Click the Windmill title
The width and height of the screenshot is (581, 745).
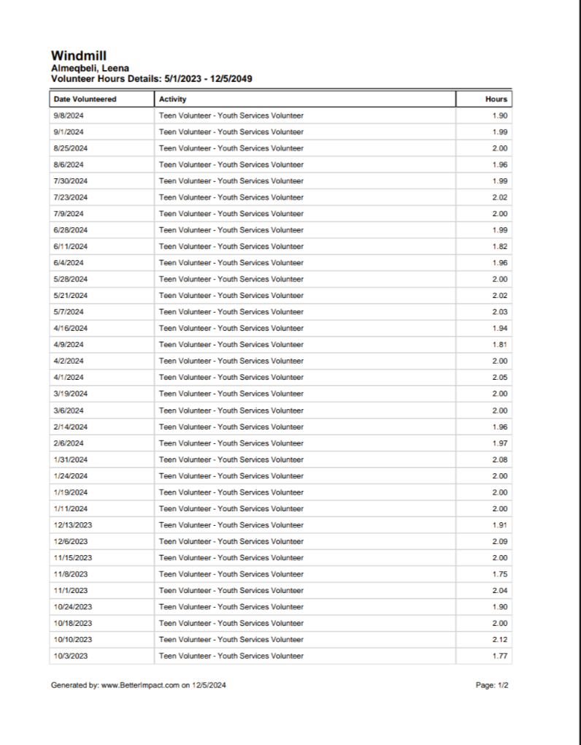tap(79, 56)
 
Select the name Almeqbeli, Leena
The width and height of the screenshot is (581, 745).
tap(90, 68)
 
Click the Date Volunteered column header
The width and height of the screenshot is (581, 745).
tap(85, 99)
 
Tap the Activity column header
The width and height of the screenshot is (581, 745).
tap(173, 99)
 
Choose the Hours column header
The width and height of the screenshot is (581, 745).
tap(496, 99)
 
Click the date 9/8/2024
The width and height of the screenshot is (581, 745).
tap(69, 115)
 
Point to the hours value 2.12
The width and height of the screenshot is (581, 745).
tap(500, 639)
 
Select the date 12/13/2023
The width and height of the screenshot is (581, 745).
tap(73, 525)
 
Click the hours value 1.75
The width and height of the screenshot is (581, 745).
tap(500, 574)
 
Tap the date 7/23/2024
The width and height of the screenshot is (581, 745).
tap(71, 197)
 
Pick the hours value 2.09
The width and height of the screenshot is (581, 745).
tap(500, 541)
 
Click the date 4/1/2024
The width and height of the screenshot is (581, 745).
tap(69, 378)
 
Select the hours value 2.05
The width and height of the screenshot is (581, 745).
tap(500, 378)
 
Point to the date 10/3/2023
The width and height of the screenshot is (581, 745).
tap(71, 656)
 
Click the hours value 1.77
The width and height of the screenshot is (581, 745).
tap(500, 656)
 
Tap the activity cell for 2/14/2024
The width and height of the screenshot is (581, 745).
tap(231, 427)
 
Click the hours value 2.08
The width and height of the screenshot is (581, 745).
tap(500, 459)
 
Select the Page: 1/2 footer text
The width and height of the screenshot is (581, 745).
tap(491, 686)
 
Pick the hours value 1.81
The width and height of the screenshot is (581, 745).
tap(500, 345)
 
